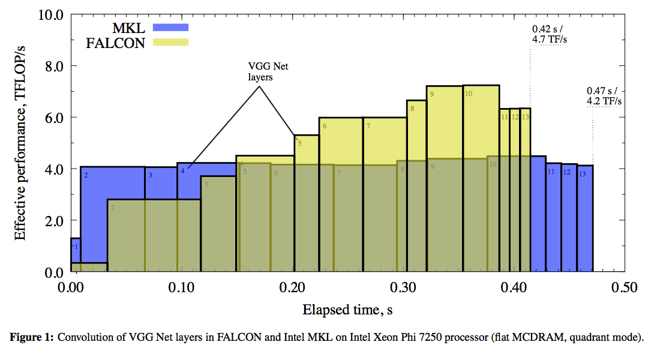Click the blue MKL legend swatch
click(x=171, y=26)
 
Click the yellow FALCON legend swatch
click(x=171, y=42)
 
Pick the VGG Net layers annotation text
click(x=260, y=71)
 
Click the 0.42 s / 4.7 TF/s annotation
click(x=549, y=34)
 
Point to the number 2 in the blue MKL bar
click(x=86, y=175)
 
